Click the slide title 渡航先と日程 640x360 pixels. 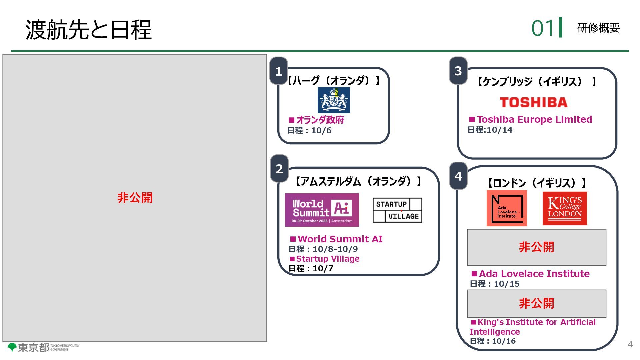tap(88, 30)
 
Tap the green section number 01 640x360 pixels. tap(543, 28)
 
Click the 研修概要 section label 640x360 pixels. tap(598, 28)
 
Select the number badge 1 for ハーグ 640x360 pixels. tap(279, 71)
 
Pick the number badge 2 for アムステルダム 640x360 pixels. tap(279, 169)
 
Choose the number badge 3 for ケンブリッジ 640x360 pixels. tap(458, 71)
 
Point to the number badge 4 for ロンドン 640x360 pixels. tap(458, 176)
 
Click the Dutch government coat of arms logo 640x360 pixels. tap(334, 100)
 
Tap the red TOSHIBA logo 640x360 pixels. tap(533, 102)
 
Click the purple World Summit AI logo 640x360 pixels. tap(322, 210)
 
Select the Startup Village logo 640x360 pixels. tap(397, 210)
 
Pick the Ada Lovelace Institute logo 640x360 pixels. tap(507, 208)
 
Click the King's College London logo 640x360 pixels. tap(565, 208)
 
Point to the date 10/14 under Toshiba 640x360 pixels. tap(499, 130)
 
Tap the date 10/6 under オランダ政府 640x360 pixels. tap(321, 131)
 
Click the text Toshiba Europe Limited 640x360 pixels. tap(534, 119)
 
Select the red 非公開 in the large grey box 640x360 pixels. tap(135, 198)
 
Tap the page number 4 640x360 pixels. tap(630, 344)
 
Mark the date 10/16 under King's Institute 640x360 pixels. tap(504, 341)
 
